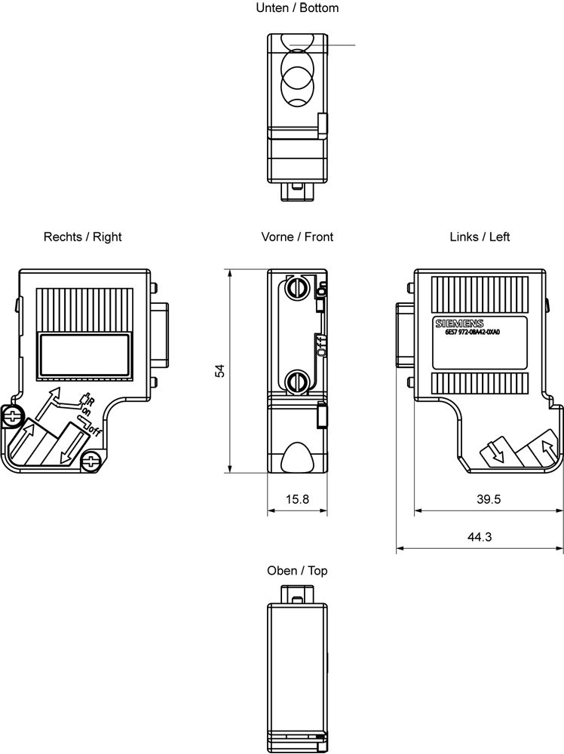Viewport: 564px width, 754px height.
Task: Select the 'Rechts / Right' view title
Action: tap(82, 237)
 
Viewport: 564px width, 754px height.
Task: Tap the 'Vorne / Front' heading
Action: tap(297, 237)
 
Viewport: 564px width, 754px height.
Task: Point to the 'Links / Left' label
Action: tap(480, 237)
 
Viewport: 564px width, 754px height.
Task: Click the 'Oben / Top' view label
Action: tap(297, 571)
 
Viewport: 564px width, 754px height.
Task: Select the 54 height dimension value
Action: tap(220, 371)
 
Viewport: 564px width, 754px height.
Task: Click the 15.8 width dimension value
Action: tap(296, 499)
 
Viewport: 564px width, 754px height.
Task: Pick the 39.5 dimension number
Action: tap(489, 499)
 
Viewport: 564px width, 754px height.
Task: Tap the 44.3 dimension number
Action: tap(480, 537)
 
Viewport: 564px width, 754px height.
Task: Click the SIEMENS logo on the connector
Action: tap(455, 323)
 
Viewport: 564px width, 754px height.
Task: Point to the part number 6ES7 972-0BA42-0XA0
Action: tap(473, 333)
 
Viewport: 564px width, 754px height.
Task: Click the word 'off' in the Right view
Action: tap(94, 432)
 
